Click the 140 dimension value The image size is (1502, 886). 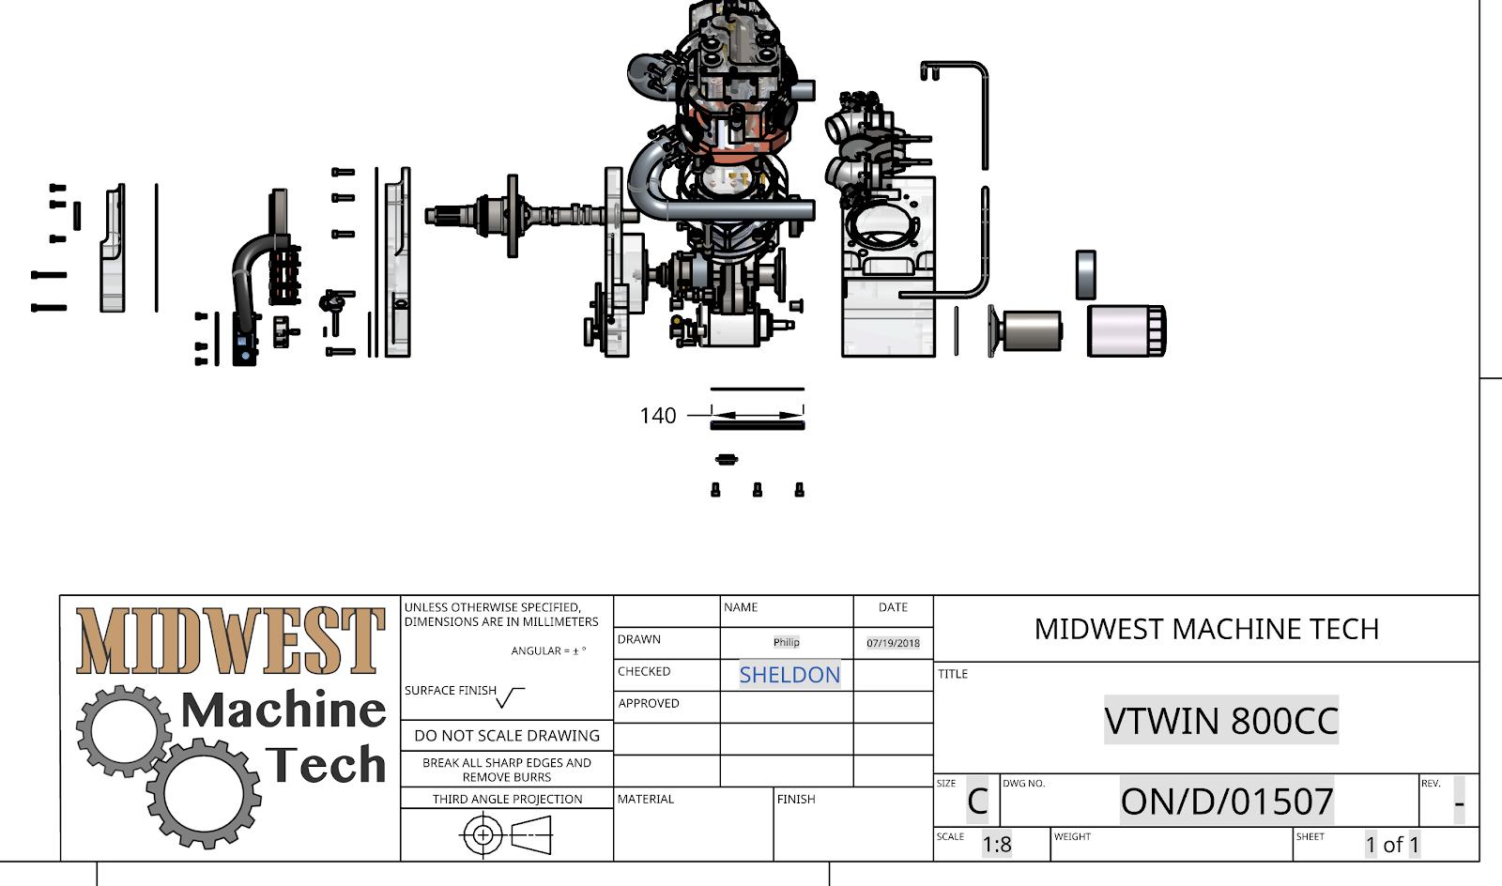(x=657, y=416)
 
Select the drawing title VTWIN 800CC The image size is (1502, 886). (x=1220, y=721)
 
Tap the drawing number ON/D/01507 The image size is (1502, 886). (x=1226, y=802)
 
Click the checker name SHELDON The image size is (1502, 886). (x=789, y=675)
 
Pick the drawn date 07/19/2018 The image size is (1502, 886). (x=893, y=643)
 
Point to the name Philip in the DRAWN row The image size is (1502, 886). (x=787, y=642)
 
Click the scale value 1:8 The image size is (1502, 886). (x=997, y=845)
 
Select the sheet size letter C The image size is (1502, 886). (x=977, y=802)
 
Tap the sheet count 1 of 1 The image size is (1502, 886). (x=1392, y=845)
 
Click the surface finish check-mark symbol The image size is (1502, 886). (x=511, y=697)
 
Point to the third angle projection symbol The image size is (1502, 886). (x=507, y=834)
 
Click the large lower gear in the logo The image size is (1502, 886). (x=204, y=793)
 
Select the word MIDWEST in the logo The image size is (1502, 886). (x=230, y=641)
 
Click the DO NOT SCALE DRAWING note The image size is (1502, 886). (x=507, y=736)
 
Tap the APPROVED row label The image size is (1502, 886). (x=648, y=704)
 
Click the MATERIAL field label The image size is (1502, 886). (x=646, y=800)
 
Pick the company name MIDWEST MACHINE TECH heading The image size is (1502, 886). (x=1206, y=629)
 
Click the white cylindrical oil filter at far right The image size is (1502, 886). (x=1126, y=331)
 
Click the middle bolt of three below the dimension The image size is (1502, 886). (x=758, y=490)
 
